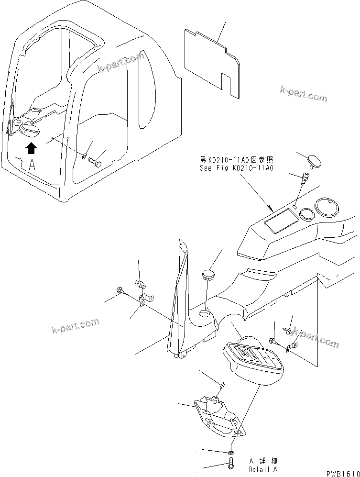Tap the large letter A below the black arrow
(32, 165)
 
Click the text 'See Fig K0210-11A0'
(236, 168)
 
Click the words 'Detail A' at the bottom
(262, 470)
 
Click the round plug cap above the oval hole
(208, 274)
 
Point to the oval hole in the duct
(204, 313)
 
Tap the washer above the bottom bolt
(231, 452)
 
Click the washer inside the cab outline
(84, 155)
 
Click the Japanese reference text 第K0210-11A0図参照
(236, 160)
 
